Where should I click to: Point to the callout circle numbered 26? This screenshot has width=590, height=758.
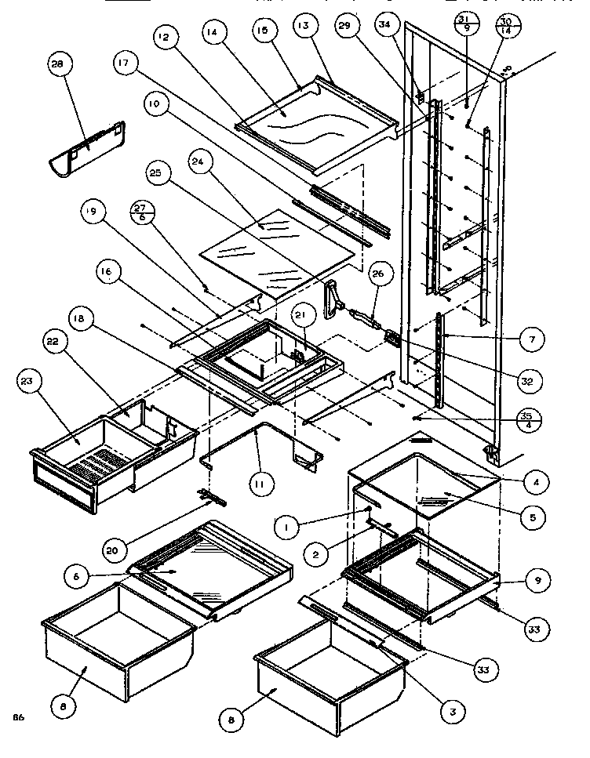(377, 274)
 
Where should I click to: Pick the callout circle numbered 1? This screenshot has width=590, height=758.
(287, 527)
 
